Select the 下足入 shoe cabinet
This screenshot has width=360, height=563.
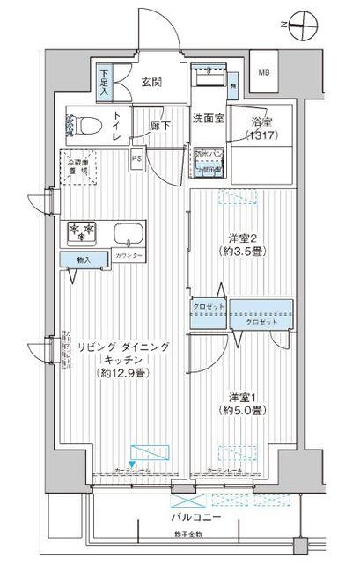(105, 82)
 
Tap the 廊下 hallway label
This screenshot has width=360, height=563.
(157, 127)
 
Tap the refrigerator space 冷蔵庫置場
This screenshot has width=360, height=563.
(79, 166)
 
